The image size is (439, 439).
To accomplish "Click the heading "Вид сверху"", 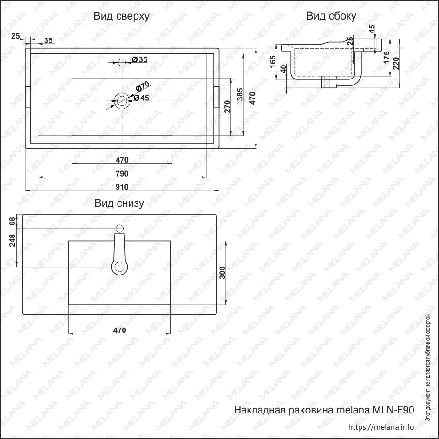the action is coord(122,16).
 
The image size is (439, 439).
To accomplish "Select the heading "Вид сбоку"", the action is coord(331,16).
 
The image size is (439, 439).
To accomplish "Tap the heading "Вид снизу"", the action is coord(119,203).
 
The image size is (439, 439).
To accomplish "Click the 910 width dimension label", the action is coord(122,187).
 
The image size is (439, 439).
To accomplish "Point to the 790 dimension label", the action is coord(122,174).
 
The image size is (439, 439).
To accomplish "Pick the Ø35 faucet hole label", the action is coord(139,59).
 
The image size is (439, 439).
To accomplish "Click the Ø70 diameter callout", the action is coord(143,86).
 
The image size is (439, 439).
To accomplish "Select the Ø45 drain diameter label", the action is coord(141,98).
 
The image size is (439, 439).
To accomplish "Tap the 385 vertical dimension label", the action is coord(240,94).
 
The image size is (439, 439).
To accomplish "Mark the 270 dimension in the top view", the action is coord(227,107).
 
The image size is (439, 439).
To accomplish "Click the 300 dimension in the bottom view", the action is coord(223,273).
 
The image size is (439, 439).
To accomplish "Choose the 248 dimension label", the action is coord(13,240).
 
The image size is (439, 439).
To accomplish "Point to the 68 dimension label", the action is coord(13,221).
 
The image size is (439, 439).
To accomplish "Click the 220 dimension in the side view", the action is coord(396,63).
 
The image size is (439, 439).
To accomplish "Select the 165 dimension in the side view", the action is coord(273,62).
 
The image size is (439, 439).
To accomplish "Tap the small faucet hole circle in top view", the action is coord(122,62).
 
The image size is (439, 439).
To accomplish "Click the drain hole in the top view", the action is coord(122,100).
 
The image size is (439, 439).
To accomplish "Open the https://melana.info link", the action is coord(381,427).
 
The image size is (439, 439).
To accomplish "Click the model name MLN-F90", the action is coord(393,410).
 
